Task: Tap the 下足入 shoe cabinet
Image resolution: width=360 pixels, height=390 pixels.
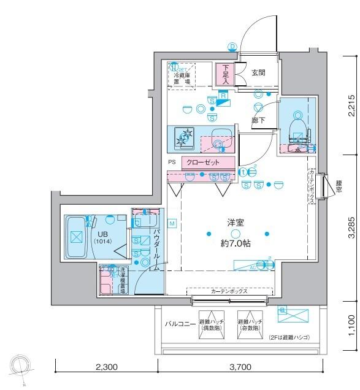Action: pyautogui.click(x=224, y=74)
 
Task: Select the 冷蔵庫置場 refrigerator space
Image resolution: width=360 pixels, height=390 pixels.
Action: pyautogui.click(x=182, y=76)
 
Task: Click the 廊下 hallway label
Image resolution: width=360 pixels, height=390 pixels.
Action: pyautogui.click(x=258, y=121)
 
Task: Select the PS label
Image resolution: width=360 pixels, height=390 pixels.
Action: pyautogui.click(x=172, y=162)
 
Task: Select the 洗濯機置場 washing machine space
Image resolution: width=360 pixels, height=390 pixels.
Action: pyautogui.click(x=114, y=281)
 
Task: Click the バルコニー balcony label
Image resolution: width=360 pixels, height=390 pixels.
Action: pyautogui.click(x=180, y=323)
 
